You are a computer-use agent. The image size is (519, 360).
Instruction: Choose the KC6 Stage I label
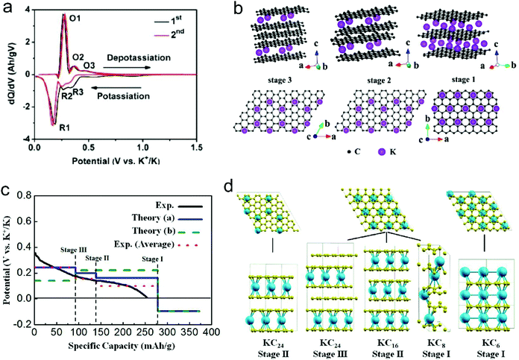point(486,344)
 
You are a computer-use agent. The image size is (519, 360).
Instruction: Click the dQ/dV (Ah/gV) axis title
point(7,75)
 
